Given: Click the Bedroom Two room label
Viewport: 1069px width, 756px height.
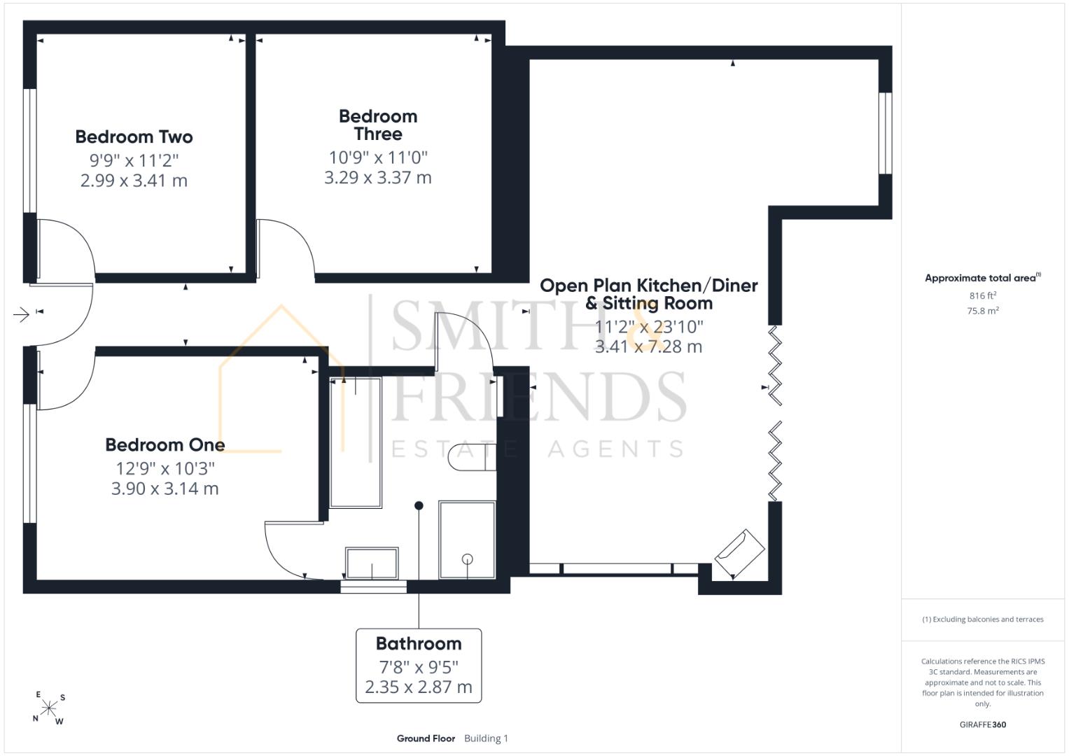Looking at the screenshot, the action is point(134,137).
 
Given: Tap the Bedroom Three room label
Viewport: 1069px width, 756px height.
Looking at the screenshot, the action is point(378,125).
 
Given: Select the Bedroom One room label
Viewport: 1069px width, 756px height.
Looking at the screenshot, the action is point(165,444).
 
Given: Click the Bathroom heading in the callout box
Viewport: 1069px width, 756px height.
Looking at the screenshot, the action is point(419,643).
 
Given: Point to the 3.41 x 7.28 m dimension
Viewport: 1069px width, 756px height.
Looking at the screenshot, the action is point(648,346).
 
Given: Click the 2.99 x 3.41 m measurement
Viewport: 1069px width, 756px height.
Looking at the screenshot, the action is point(134,181).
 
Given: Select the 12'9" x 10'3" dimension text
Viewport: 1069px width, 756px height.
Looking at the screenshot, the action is point(165,468).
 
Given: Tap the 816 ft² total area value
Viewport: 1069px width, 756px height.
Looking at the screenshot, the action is point(983,295).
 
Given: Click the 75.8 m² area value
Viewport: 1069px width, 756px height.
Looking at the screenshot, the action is point(983,311).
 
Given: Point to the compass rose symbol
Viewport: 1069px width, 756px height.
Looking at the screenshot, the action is point(49,708).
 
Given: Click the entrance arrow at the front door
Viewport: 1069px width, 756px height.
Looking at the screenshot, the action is point(22,314).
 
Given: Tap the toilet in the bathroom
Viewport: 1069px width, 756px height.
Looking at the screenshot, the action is point(472,456).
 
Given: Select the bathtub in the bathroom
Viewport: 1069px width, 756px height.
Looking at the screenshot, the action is point(356,442).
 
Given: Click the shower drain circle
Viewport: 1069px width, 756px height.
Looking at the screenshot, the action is point(468,559).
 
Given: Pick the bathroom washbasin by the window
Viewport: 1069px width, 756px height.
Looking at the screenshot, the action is point(372,563).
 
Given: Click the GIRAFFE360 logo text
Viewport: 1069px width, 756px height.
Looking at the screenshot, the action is point(983,724).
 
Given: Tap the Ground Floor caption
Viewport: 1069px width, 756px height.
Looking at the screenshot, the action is point(426,738).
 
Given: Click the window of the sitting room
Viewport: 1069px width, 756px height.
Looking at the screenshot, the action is point(886,133).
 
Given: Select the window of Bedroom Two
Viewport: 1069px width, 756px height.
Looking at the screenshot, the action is point(30,150).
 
